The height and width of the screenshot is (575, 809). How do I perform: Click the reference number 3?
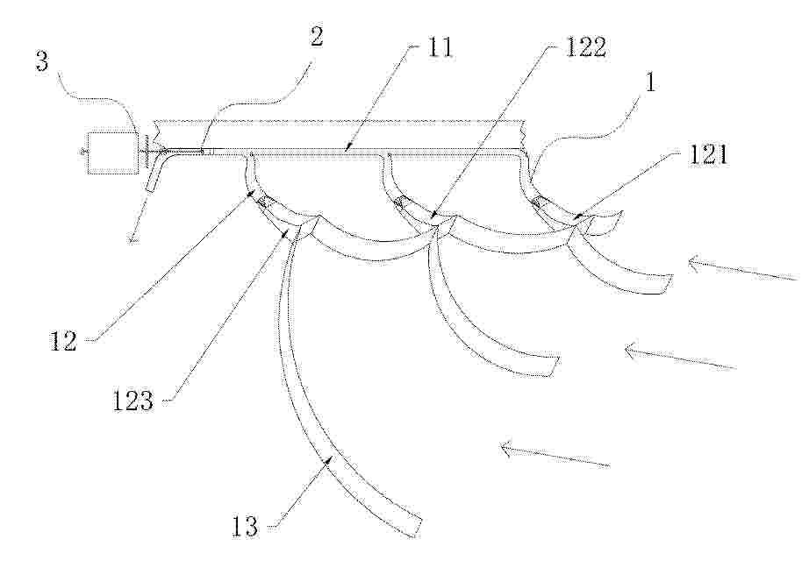pyautogui.click(x=42, y=61)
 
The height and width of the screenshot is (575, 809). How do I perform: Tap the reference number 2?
pyautogui.click(x=315, y=37)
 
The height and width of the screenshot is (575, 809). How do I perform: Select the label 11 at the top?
pyautogui.click(x=439, y=48)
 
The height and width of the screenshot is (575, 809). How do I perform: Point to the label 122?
pyautogui.click(x=585, y=48)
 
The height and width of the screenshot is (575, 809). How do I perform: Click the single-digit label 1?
pyautogui.click(x=650, y=82)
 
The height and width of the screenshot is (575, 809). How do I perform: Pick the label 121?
pyautogui.click(x=708, y=154)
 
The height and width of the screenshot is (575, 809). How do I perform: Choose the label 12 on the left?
pyautogui.click(x=63, y=341)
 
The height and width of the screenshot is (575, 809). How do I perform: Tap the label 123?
pyautogui.click(x=133, y=401)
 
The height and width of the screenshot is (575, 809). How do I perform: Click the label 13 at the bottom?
pyautogui.click(x=245, y=527)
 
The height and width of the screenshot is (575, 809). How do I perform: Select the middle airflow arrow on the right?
pyautogui.click(x=681, y=358)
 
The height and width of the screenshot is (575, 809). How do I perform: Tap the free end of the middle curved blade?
pyautogui.click(x=554, y=366)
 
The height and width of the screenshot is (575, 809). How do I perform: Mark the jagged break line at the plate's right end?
pyautogui.click(x=524, y=135)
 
